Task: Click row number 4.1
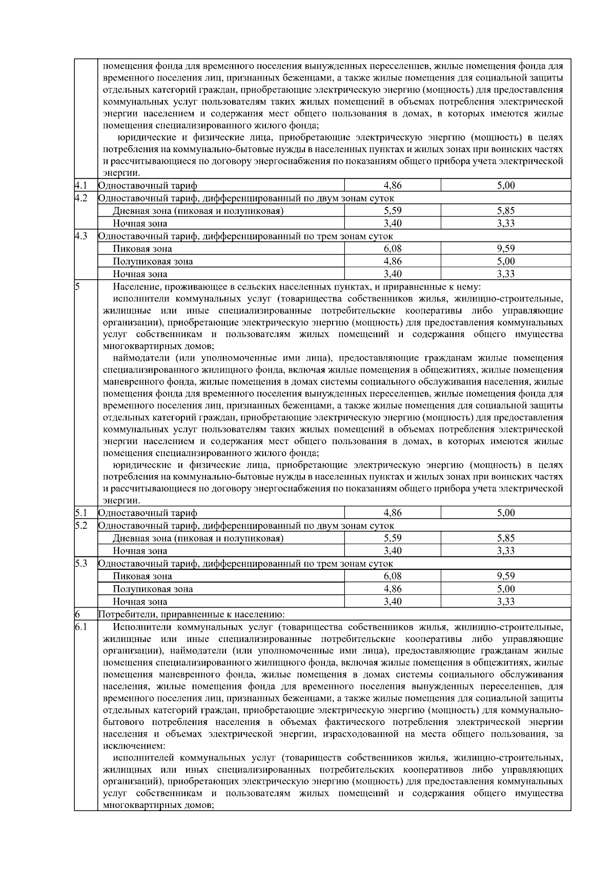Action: click(80, 185)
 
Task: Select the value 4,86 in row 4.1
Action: click(393, 185)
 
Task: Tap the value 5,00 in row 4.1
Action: click(505, 185)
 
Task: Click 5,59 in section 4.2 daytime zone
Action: click(393, 211)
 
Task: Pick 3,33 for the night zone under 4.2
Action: click(505, 223)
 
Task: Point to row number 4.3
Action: click(80, 236)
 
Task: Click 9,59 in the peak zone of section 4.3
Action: click(505, 248)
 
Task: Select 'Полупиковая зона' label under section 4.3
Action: click(153, 261)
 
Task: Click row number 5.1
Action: click(80, 512)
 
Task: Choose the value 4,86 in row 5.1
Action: click(393, 513)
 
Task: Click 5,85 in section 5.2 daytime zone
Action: click(505, 538)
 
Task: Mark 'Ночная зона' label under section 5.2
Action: click(140, 551)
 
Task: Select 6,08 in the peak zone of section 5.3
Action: click(393, 576)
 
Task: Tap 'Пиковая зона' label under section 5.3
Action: click(142, 576)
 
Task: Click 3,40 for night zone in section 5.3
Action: click(393, 602)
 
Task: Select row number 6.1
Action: click(80, 627)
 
